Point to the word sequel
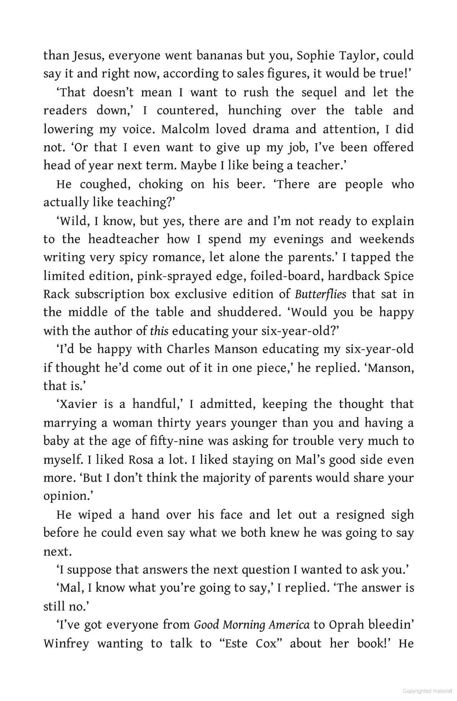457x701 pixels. [319, 92]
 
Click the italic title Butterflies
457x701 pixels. [320, 294]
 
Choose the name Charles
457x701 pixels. [188, 349]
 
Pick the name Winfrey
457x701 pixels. [66, 644]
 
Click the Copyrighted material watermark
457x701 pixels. [427, 691]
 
